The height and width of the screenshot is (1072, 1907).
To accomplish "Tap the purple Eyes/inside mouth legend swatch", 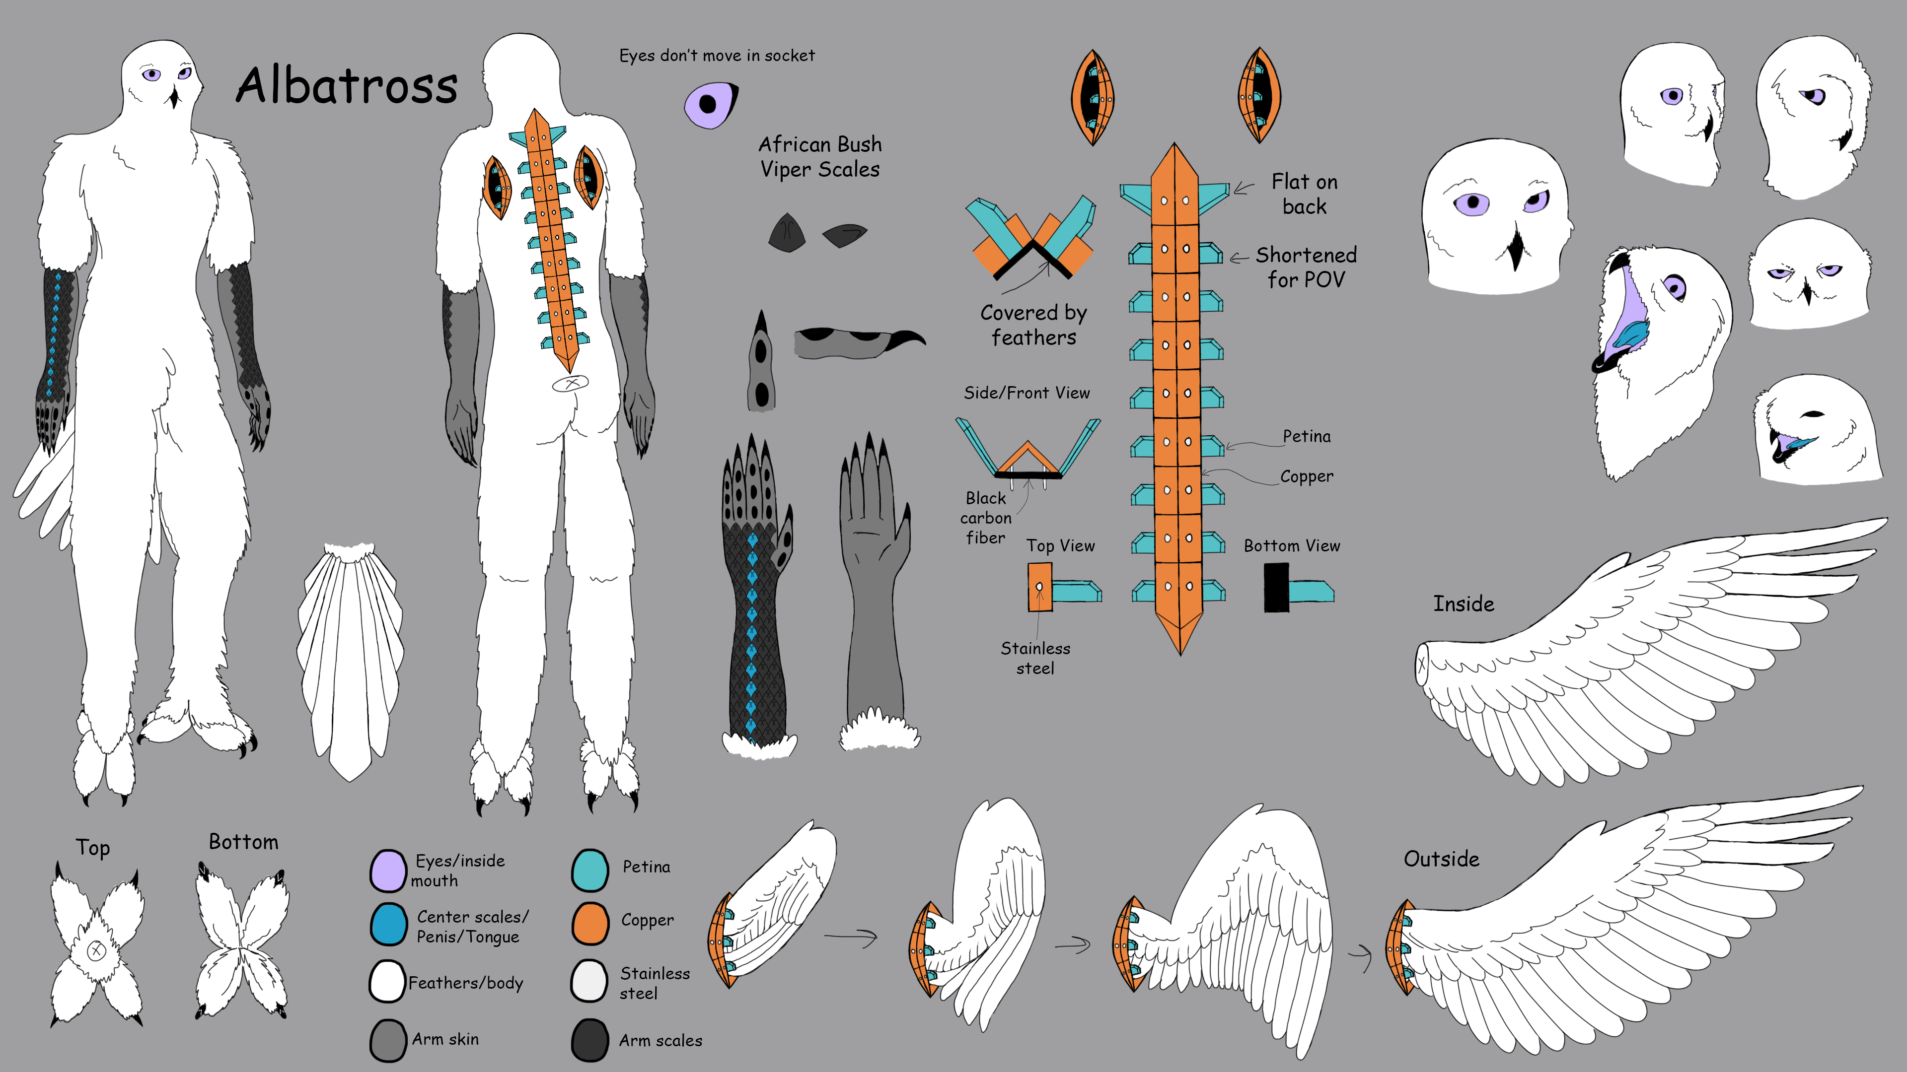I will point(388,870).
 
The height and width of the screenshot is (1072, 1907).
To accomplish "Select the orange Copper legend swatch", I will point(590,923).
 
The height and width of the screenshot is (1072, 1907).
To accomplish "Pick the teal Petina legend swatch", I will point(590,870).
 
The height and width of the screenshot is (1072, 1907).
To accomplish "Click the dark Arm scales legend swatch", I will point(590,1039).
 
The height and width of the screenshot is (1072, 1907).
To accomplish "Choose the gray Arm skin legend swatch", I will point(388,1039).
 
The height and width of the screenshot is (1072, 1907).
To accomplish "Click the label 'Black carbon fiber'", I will point(985,518).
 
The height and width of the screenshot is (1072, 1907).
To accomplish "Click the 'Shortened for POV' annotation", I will point(1306,267).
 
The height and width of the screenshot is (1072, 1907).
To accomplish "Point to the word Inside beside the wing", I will point(1463,603).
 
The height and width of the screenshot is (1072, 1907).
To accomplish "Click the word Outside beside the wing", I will point(1441,859).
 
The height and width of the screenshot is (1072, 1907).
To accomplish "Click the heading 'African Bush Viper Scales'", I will point(819,157).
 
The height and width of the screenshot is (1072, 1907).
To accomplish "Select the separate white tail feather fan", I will point(350,659).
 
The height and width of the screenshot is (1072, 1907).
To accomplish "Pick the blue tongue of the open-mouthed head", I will point(1631,336).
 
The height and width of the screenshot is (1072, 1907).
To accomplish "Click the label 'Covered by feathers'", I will point(1033,325).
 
